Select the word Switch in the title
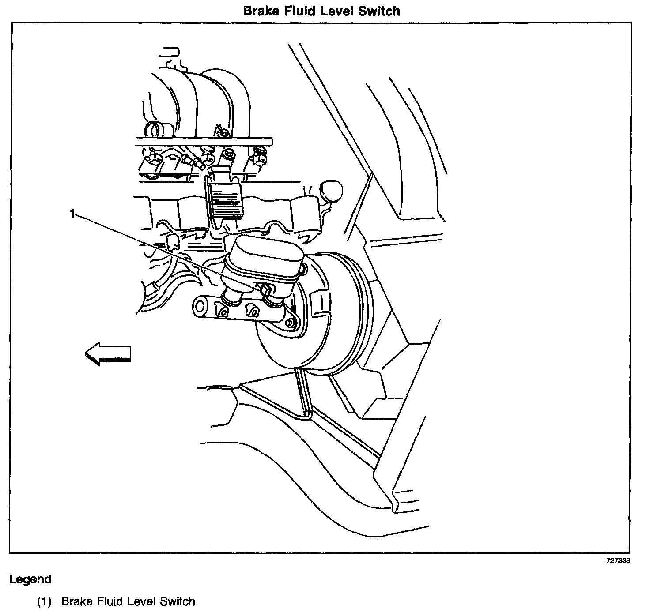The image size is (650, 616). point(379,11)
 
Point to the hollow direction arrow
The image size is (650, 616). point(108,354)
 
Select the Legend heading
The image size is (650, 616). point(30,579)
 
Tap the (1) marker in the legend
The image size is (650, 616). point(45,601)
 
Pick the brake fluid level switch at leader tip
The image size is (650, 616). point(267,289)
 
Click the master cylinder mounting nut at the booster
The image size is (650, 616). point(290,323)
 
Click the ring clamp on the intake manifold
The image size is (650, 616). point(153,130)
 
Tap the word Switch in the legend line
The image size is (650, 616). point(177,601)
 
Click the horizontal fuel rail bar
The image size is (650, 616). point(203,142)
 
